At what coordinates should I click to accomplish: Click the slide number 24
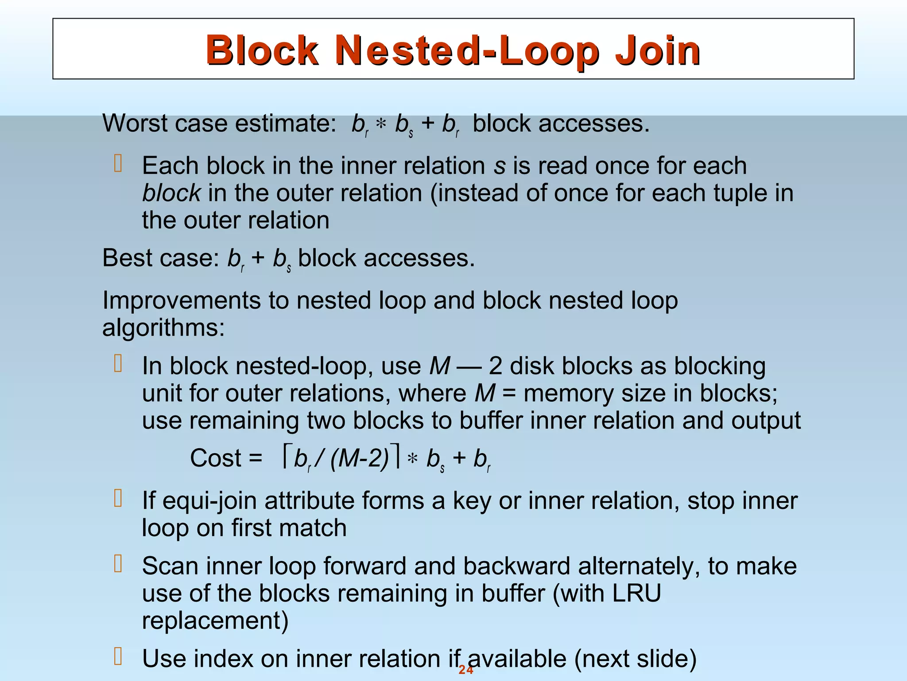click(466, 670)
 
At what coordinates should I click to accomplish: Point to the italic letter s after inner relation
click(500, 166)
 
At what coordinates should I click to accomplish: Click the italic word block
click(171, 193)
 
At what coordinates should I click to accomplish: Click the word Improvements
click(182, 301)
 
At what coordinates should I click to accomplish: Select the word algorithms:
click(163, 328)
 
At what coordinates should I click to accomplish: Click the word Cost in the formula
click(216, 458)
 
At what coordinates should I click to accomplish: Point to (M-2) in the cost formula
click(359, 458)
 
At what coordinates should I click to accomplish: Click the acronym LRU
click(636, 593)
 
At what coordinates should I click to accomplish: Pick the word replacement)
click(215, 620)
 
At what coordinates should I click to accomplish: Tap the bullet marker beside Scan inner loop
click(118, 564)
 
